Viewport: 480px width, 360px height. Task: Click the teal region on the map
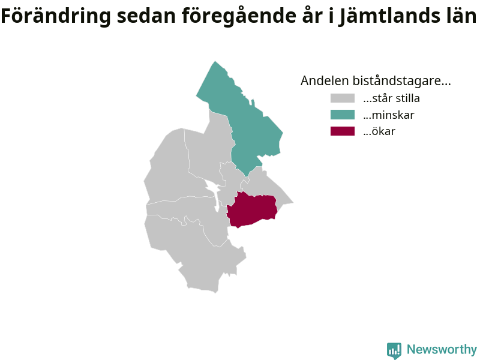tap(245, 122)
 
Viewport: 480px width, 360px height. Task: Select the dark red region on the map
tap(251, 209)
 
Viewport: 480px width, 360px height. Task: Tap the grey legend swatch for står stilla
tap(342, 98)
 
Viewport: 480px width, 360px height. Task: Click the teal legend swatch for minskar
tap(342, 115)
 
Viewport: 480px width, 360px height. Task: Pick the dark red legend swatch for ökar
tap(342, 131)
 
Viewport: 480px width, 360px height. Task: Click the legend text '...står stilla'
tap(391, 98)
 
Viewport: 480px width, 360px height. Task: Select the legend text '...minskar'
tap(388, 115)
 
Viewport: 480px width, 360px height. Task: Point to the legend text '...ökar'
tap(379, 131)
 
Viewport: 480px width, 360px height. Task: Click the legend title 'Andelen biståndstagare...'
tap(376, 81)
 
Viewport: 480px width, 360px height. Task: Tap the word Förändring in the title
tap(56, 16)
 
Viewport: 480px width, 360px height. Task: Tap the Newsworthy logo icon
tap(394, 350)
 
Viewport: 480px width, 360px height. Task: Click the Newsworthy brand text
tap(442, 349)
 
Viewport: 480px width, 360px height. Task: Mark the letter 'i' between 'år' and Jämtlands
tap(331, 16)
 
